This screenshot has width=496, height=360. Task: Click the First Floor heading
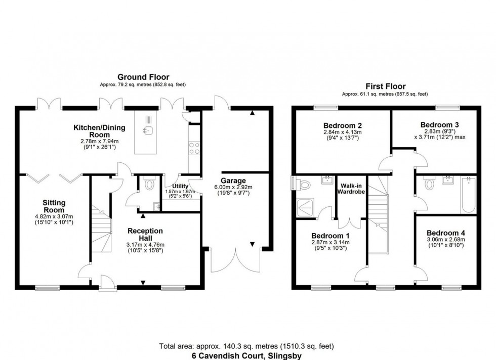[x=385, y=86]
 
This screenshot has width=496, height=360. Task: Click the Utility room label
[x=180, y=186]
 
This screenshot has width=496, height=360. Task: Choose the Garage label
[x=233, y=181]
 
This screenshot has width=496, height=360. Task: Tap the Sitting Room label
[x=54, y=206]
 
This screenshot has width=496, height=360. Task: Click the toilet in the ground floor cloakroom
[x=149, y=185]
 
